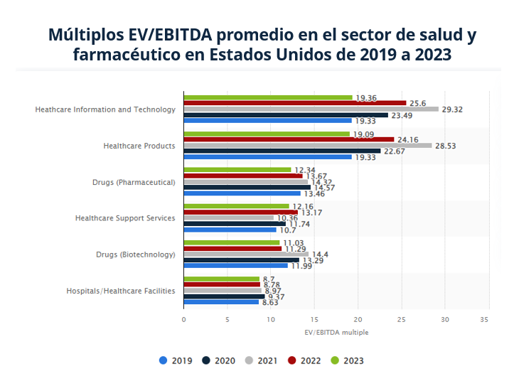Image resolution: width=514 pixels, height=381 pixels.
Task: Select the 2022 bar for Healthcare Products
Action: [289, 139]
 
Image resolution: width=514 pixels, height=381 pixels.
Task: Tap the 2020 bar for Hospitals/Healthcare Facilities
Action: [224, 296]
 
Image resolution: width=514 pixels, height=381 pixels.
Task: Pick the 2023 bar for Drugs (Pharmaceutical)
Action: [237, 169]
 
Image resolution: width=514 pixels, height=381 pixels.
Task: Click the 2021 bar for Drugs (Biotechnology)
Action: [246, 254]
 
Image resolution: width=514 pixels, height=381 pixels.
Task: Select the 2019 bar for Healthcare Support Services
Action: [230, 230]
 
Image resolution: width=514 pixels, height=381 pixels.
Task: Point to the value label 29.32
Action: [452, 109]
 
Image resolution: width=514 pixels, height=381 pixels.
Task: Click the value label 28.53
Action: [446, 145]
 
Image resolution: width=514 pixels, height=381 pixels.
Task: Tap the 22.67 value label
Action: [395, 151]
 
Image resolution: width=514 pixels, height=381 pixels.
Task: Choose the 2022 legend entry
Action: [304, 360]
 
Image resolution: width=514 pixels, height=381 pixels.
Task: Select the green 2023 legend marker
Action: [334, 360]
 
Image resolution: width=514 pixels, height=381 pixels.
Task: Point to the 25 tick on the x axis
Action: [402, 319]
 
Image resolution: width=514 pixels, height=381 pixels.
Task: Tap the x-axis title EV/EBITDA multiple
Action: [336, 332]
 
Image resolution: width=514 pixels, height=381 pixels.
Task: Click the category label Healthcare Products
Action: [139, 146]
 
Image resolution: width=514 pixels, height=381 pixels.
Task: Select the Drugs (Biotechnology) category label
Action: [134, 254]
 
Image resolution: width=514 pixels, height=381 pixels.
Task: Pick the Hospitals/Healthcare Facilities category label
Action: [121, 290]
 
